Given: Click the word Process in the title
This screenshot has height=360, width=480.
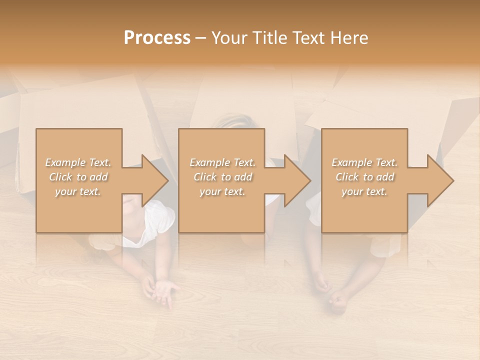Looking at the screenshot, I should (x=157, y=38).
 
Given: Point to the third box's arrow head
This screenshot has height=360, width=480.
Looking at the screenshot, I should (x=439, y=180).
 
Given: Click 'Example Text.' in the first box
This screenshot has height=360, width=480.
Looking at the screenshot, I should (x=78, y=162).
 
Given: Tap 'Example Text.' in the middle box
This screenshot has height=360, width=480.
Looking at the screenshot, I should (x=222, y=162).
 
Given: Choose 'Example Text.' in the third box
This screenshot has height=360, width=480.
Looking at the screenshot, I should (x=364, y=162).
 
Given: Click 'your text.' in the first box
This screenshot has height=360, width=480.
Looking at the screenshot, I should (x=78, y=191).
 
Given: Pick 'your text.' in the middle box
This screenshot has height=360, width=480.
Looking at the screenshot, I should (x=222, y=191).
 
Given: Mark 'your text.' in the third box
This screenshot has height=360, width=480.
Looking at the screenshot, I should (x=364, y=191).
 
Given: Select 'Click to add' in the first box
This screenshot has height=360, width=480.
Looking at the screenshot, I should (x=78, y=177).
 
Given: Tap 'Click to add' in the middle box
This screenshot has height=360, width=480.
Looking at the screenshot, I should (x=222, y=177).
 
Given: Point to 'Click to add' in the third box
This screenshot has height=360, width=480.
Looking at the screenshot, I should (x=364, y=177).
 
